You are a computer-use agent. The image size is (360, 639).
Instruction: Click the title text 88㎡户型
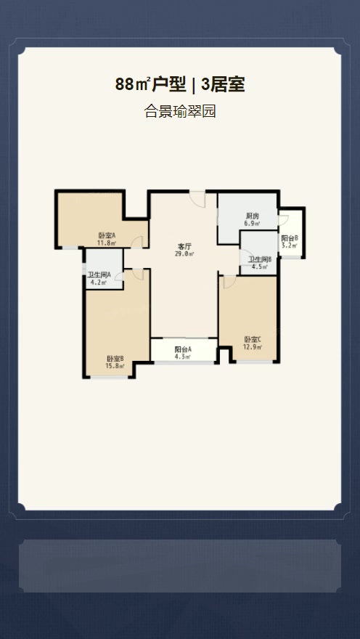click(x=150, y=84)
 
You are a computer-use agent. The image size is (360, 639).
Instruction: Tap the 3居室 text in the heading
click(x=223, y=84)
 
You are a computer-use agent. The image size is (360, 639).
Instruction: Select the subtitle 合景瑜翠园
click(x=179, y=111)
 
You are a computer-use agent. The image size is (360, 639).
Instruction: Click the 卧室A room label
click(x=107, y=235)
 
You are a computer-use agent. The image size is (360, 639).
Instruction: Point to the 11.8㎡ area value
click(x=107, y=243)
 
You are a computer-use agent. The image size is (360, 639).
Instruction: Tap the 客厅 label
click(x=185, y=246)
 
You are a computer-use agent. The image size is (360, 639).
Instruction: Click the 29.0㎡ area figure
click(x=185, y=254)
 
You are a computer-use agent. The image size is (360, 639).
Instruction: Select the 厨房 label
click(x=253, y=216)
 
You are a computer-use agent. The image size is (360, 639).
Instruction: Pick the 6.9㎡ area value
click(x=253, y=224)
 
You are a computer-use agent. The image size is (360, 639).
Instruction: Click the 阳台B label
click(x=290, y=238)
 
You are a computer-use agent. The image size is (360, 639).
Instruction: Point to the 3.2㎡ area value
click(x=290, y=245)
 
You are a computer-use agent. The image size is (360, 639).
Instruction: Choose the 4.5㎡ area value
click(x=260, y=267)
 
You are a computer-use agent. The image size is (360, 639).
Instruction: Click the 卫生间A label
click(x=99, y=274)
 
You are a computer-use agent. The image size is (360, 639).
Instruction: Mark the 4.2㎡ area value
click(x=99, y=282)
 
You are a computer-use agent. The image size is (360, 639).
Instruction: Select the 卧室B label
click(x=115, y=359)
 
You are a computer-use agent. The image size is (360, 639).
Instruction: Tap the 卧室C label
click(x=253, y=339)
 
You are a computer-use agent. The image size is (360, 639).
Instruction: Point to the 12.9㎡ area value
click(x=253, y=347)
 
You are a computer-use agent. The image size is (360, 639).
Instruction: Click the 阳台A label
click(x=183, y=349)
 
